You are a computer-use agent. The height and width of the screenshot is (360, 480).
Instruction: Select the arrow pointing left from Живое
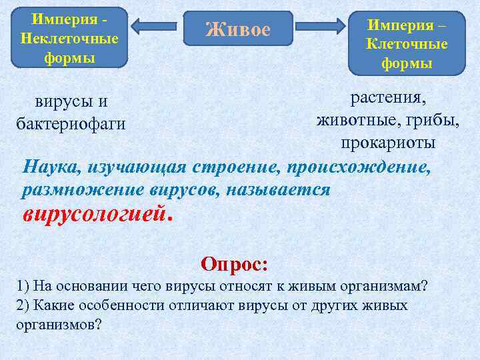pyautogui.click(x=155, y=26)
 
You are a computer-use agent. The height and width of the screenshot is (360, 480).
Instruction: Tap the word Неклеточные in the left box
pyautogui.click(x=69, y=37)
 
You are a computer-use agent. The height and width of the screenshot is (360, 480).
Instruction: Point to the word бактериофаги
pyautogui.click(x=70, y=124)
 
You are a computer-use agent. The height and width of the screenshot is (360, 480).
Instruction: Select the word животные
pyautogui.click(x=357, y=121)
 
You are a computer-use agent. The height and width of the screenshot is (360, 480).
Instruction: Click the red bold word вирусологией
pyautogui.click(x=94, y=214)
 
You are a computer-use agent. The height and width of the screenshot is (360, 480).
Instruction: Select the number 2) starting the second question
pyautogui.click(x=22, y=305)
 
